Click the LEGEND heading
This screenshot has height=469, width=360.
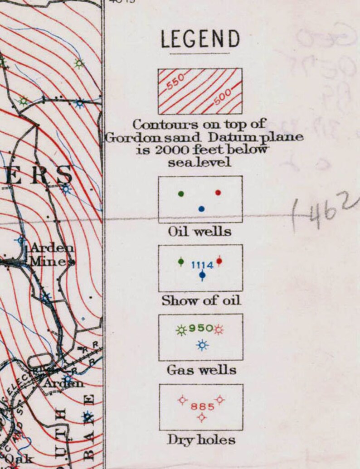pyautogui.click(x=200, y=39)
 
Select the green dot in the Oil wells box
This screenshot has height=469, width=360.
pyautogui.click(x=181, y=194)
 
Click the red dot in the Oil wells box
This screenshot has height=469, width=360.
pyautogui.click(x=218, y=193)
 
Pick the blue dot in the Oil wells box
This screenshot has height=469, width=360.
pyautogui.click(x=202, y=209)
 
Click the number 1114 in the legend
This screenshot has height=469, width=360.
pyautogui.click(x=202, y=265)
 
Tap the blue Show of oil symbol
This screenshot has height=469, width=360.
pyautogui.click(x=202, y=275)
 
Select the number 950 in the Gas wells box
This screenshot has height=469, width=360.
pyautogui.click(x=200, y=329)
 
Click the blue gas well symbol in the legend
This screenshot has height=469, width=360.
pyautogui.click(x=202, y=346)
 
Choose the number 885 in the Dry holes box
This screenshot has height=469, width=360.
pyautogui.click(x=202, y=406)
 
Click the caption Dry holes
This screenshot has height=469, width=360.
pyautogui.click(x=201, y=439)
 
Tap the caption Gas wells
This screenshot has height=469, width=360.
pyautogui.click(x=201, y=370)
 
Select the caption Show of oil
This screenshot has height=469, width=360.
pyautogui.click(x=201, y=300)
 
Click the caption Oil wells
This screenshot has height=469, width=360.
pyautogui.click(x=199, y=232)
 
